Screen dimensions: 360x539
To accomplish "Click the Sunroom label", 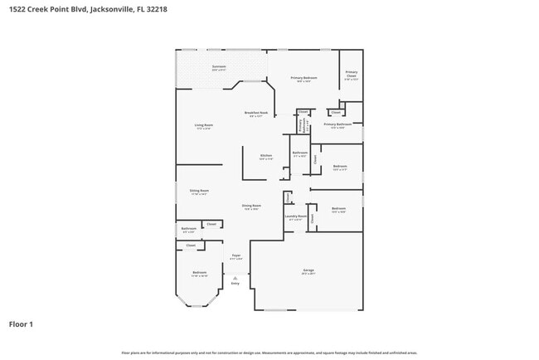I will pyautogui.click(x=220, y=66).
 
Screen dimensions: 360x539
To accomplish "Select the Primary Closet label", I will pyautogui.click(x=351, y=75).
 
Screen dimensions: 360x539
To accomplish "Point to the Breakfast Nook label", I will pyautogui.click(x=255, y=112).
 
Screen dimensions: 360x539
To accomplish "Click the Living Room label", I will pyautogui.click(x=204, y=125).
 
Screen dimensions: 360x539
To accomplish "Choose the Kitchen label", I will pyautogui.click(x=266, y=155).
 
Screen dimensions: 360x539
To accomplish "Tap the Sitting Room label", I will pyautogui.click(x=199, y=190).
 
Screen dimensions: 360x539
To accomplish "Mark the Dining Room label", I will pyautogui.click(x=251, y=205).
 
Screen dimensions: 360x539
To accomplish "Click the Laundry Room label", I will pyautogui.click(x=296, y=216).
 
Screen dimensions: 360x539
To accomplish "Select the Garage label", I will pyautogui.click(x=308, y=270).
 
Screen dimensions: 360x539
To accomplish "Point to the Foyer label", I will pyautogui.click(x=236, y=256).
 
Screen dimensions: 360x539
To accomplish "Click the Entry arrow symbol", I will pyautogui.click(x=235, y=278).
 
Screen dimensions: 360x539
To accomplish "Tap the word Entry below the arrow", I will pyautogui.click(x=235, y=284).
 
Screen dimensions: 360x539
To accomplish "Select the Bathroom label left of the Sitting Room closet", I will pyautogui.click(x=189, y=228).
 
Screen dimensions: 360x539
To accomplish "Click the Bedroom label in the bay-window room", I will pyautogui.click(x=200, y=272).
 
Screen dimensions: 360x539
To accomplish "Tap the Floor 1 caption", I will pyautogui.click(x=21, y=324).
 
